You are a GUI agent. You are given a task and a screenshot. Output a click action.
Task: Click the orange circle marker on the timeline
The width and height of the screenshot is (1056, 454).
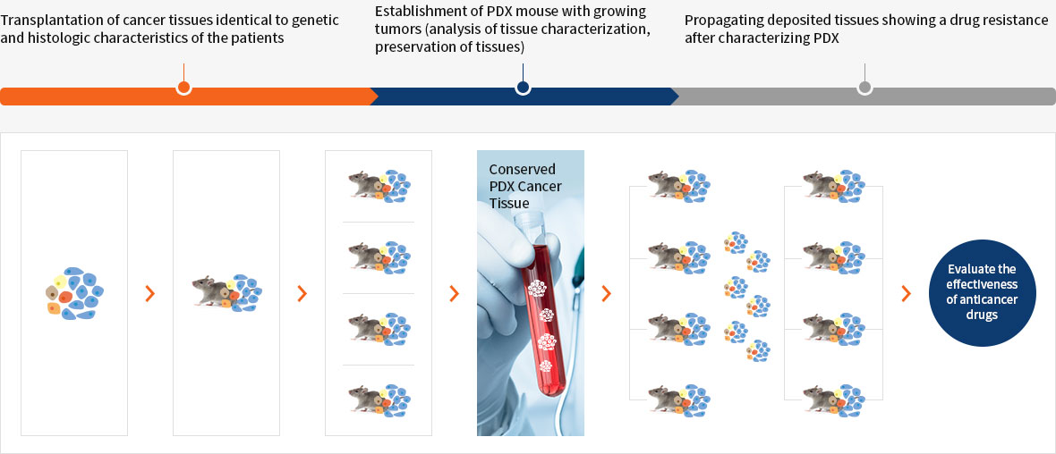pos(183,88)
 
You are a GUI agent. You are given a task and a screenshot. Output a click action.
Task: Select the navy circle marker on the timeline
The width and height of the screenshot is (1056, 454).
pos(523,88)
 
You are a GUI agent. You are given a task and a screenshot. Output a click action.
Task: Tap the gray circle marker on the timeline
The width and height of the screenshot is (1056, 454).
pos(864,88)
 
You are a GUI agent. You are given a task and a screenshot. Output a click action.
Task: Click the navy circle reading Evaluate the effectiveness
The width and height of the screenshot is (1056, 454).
pos(982,292)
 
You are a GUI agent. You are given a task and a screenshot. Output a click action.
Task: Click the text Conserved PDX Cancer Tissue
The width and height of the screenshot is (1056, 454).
pos(522,186)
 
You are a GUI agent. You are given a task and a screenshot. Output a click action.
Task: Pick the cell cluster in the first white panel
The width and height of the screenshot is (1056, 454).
pos(74,292)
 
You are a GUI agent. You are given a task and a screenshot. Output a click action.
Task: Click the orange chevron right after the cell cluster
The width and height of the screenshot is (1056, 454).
pos(149,293)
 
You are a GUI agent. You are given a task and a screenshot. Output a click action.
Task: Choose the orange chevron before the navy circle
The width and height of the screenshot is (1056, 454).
pos(906,293)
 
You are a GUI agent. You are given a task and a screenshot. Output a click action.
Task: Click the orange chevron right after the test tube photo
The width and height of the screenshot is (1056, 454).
pos(606,293)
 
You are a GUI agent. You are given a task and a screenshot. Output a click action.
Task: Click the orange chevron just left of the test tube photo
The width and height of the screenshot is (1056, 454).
pos(454,293)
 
